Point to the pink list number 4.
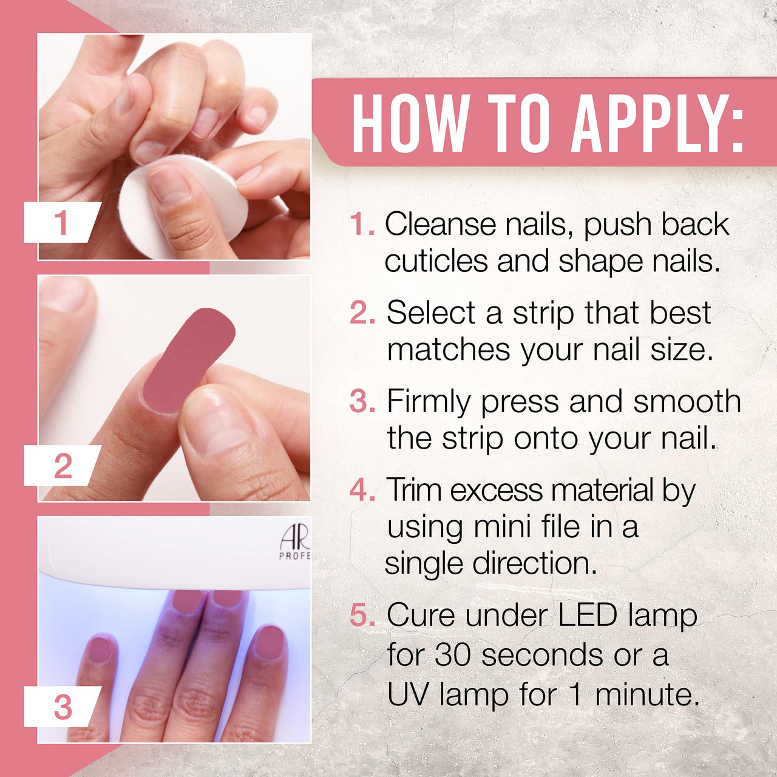362,490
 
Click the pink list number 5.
362,614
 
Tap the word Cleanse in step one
440,224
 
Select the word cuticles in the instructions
436,260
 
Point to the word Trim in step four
414,490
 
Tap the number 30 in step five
452,654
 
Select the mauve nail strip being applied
189,360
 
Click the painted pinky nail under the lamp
99,649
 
